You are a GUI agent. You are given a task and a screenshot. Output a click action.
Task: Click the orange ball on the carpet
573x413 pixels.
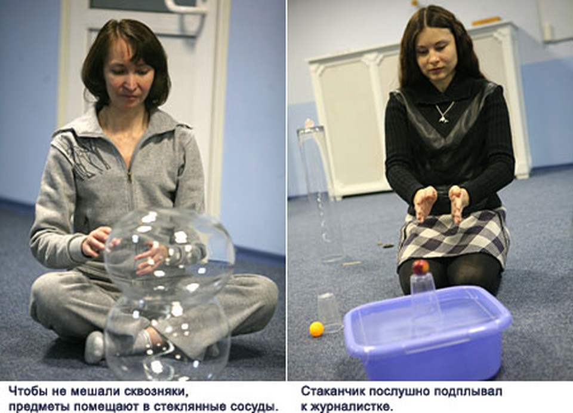pyautogui.click(x=316, y=329)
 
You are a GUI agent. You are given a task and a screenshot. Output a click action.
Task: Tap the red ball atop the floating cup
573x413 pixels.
pyautogui.click(x=421, y=267)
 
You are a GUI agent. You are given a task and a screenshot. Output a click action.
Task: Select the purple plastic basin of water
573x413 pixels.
pyautogui.click(x=428, y=332)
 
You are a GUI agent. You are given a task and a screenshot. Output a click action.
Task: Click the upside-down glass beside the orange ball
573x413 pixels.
pyautogui.click(x=329, y=313)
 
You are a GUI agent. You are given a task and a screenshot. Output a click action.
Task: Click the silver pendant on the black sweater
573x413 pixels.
pyautogui.click(x=443, y=117)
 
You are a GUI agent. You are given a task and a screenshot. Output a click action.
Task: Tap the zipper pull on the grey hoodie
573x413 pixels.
pyautogui.click(x=129, y=178)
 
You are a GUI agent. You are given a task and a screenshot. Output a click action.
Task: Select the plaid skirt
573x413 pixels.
pyautogui.click(x=454, y=238)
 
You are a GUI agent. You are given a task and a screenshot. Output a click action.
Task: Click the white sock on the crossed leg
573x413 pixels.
pyautogui.click(x=94, y=347)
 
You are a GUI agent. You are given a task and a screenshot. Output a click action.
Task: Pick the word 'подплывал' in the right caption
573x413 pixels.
pyautogui.click(x=468, y=392)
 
